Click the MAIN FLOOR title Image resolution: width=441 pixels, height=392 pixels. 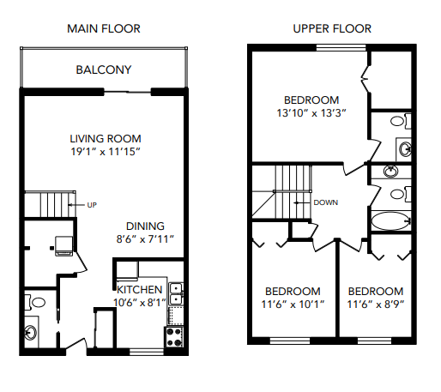coord(103,28)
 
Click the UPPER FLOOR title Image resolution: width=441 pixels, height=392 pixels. coord(331,28)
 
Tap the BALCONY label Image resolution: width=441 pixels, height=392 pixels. coord(103,69)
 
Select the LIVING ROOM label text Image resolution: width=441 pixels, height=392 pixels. coord(105,138)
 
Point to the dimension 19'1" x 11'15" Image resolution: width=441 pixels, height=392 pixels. coord(105,152)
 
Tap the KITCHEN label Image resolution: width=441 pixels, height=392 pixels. coord(139,290)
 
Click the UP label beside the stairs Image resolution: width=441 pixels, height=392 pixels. coord(92,205)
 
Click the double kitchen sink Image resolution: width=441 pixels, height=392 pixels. coord(175,294)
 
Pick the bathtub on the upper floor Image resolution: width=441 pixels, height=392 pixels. coord(391,220)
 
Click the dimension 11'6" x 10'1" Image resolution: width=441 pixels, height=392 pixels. coord(293,305)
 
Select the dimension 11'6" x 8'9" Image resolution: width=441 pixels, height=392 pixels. coord(376,305)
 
